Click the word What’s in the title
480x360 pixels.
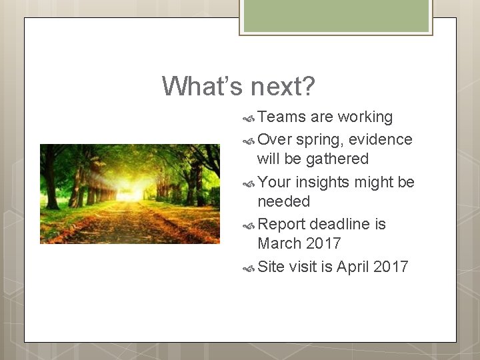click(203, 86)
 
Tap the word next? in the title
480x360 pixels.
click(283, 86)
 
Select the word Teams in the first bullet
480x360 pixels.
click(281, 117)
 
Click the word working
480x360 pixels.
click(365, 117)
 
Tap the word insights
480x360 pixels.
click(324, 182)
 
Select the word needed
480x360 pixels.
click(283, 201)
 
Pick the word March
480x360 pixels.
click(279, 243)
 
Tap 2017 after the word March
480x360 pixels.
click(323, 243)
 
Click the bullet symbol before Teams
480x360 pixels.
click(249, 118)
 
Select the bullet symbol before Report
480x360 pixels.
click(249, 225)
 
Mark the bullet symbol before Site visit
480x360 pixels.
click(249, 268)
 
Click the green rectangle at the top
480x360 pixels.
click(336, 15)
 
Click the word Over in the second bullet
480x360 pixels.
click(274, 139)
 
